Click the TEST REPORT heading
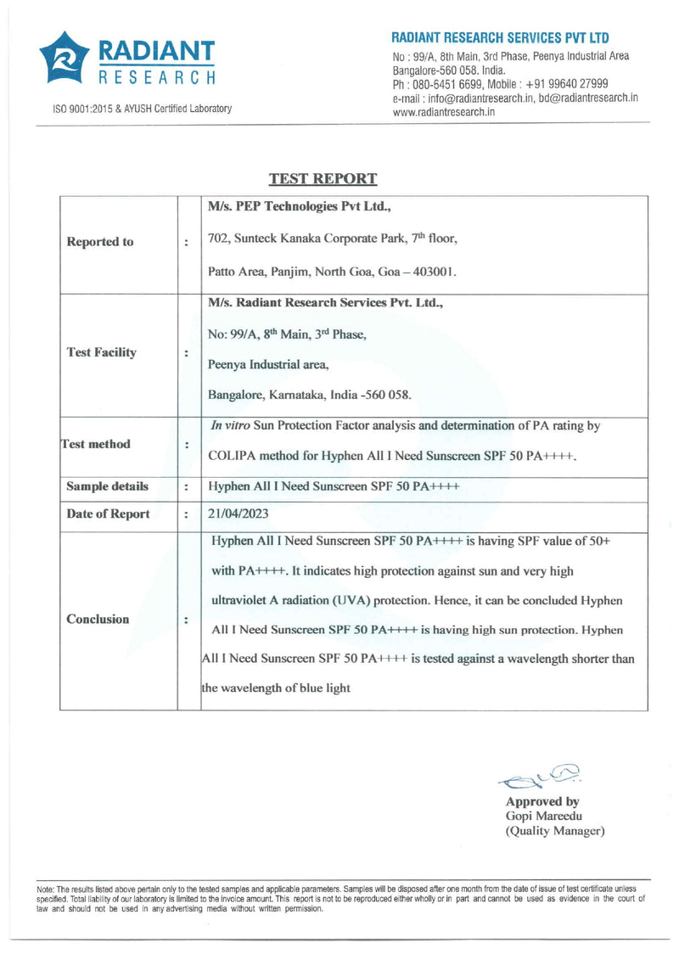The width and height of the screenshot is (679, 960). tap(323, 179)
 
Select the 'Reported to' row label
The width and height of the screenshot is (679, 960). tap(99, 242)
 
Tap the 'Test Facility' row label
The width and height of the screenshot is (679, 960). tap(101, 352)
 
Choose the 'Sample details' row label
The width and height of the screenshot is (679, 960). tap(108, 486)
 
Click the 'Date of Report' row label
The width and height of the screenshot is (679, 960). tap(108, 514)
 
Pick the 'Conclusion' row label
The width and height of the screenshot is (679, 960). tap(98, 619)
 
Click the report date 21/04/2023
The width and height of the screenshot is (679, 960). tap(238, 514)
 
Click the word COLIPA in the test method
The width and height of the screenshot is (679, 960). tap(234, 455)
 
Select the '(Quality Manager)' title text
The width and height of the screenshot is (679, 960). tap(555, 831)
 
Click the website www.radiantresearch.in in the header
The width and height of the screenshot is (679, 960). tap(444, 112)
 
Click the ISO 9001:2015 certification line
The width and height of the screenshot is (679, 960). tap(142, 109)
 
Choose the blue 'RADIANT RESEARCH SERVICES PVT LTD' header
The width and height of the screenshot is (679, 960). tap(500, 38)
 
